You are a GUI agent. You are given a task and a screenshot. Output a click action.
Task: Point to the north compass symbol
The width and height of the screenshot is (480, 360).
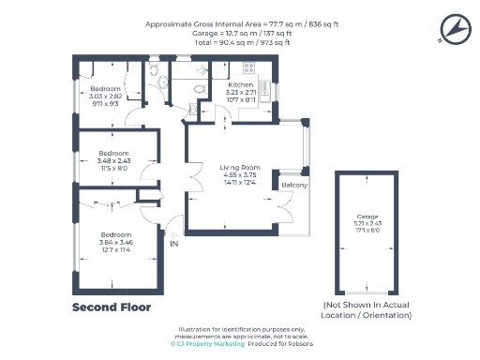(x=454, y=32)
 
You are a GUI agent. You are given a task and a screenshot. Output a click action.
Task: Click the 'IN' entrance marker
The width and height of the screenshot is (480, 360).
(x=173, y=244)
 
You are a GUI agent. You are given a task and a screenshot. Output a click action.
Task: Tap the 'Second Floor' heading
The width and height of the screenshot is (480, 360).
(x=112, y=307)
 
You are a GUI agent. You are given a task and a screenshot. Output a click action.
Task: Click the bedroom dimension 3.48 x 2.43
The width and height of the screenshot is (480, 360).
(x=113, y=160)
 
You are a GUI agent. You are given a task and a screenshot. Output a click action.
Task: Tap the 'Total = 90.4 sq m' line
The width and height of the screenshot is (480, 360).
(x=240, y=43)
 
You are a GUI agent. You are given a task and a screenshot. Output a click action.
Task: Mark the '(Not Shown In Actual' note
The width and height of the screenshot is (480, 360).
(x=367, y=306)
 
